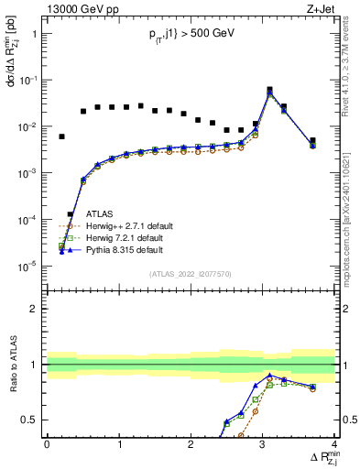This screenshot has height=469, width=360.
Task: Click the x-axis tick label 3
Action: coord(263,444)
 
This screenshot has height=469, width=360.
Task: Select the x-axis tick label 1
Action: coord(119,444)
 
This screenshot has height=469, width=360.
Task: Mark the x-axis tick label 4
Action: coord(334,444)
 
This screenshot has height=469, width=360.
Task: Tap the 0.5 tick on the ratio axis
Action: coord(32,420)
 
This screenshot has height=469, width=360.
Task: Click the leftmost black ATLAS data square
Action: coord(61,136)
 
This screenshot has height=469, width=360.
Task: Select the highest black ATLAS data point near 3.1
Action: coord(269,90)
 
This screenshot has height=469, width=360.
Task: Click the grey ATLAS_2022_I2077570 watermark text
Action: coord(190,274)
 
